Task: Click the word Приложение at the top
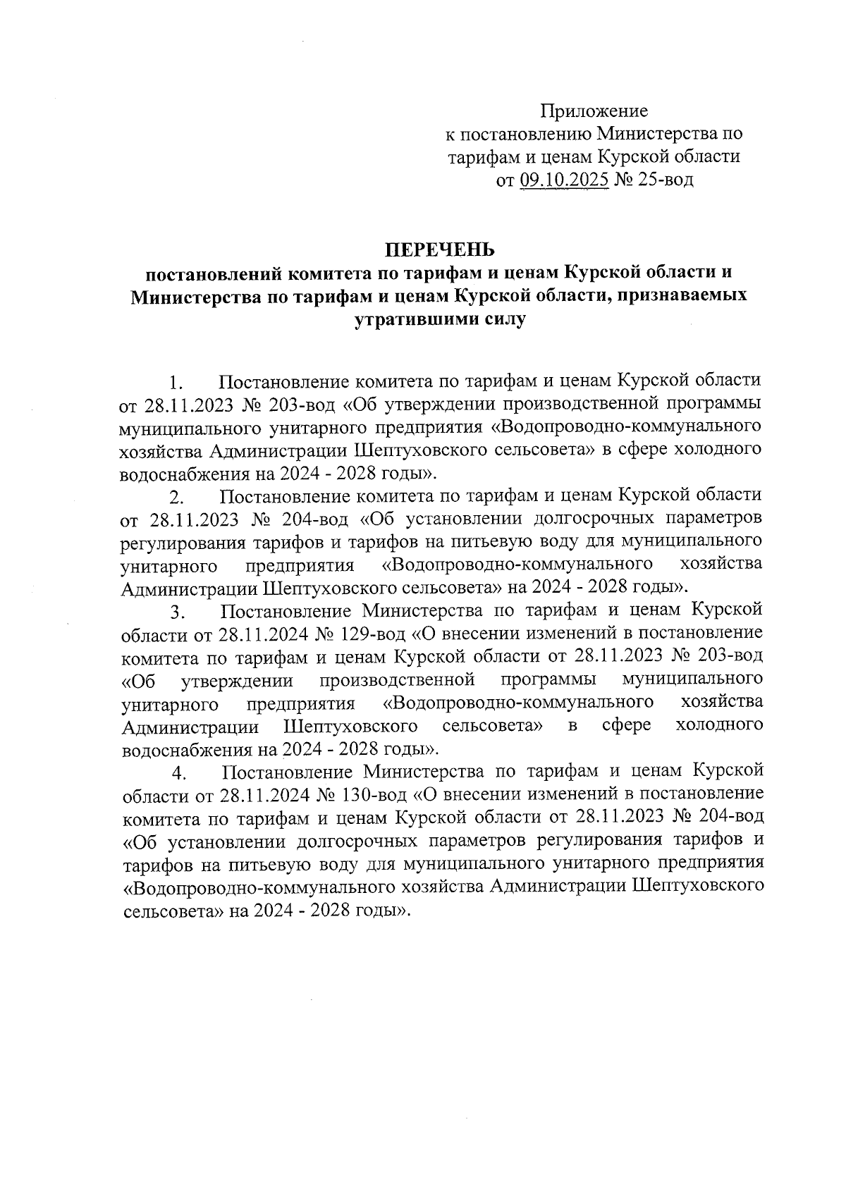[x=594, y=111]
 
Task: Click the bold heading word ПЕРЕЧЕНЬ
[x=440, y=249]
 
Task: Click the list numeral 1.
[x=177, y=385]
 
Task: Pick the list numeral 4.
[x=178, y=775]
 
